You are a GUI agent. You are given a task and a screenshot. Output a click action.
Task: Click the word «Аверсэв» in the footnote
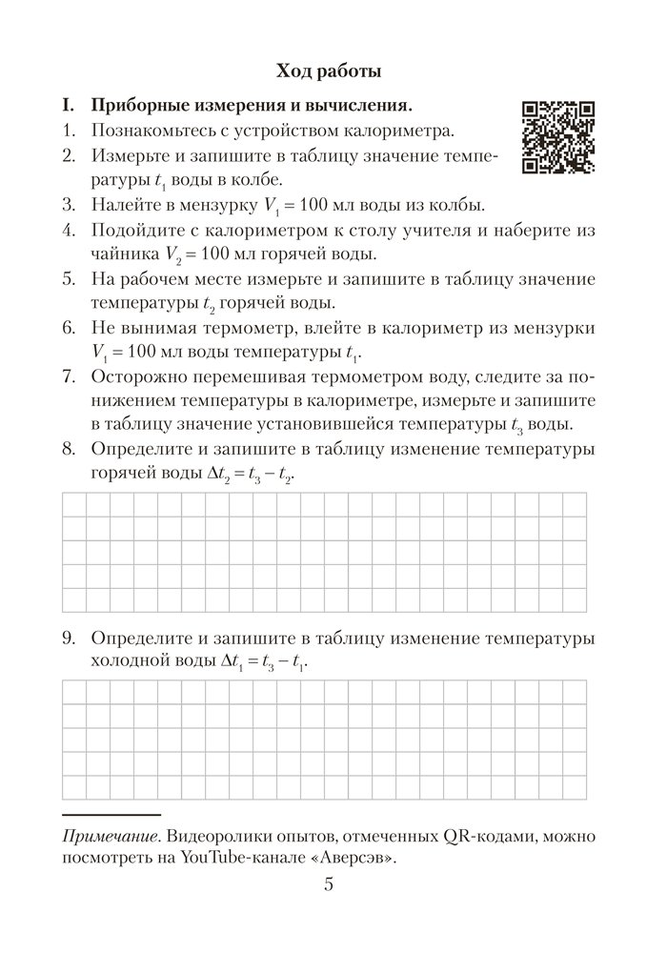pos(351,858)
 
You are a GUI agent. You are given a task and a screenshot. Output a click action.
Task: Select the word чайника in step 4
pos(125,253)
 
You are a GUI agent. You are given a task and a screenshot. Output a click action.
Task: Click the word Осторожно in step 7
pos(140,376)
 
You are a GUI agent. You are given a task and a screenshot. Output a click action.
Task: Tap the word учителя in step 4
pos(474,229)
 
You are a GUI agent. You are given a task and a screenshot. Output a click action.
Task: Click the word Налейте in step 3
pos(130,204)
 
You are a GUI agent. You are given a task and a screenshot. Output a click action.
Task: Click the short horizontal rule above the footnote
pos(111,815)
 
